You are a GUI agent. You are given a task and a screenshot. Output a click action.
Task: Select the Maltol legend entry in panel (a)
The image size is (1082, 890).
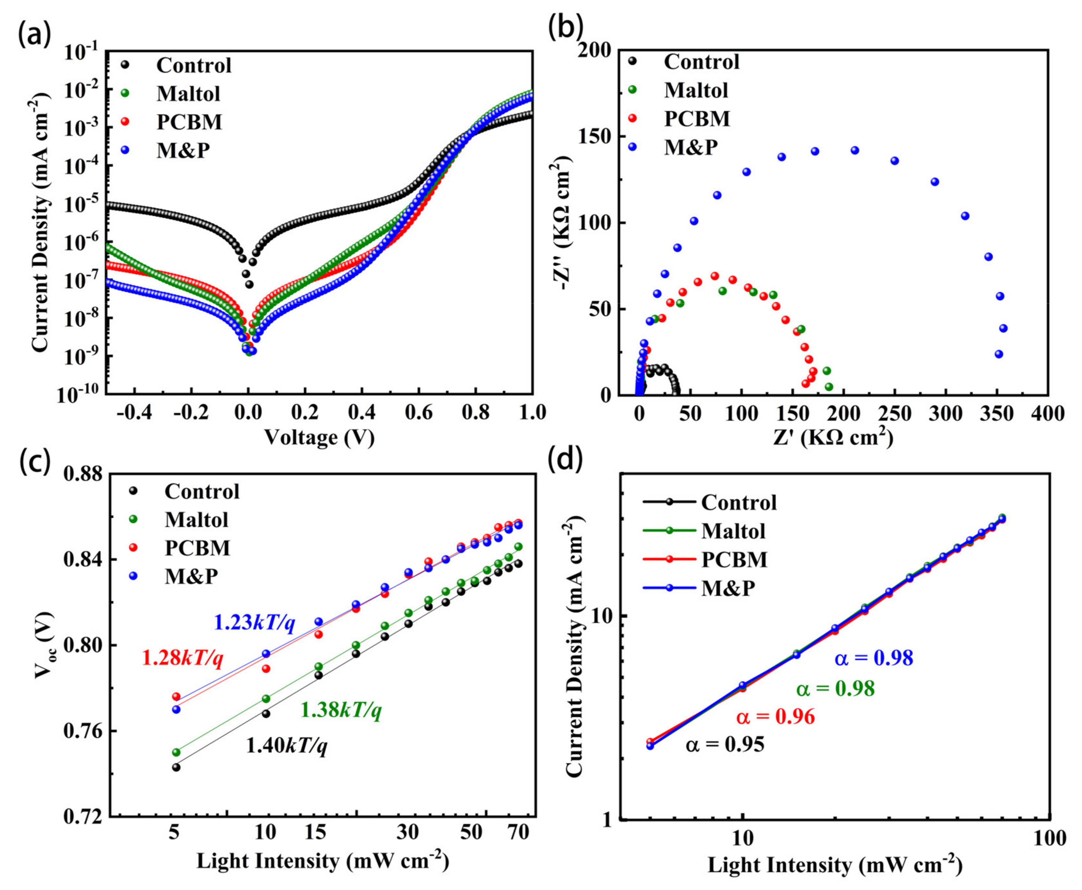[x=188, y=93]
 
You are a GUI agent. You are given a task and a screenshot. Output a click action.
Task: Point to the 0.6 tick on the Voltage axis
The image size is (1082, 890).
[x=419, y=413]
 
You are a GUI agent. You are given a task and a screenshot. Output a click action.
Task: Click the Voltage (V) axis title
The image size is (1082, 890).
[x=319, y=437]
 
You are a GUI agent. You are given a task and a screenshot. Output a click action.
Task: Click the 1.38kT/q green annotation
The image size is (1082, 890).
[x=341, y=710]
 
